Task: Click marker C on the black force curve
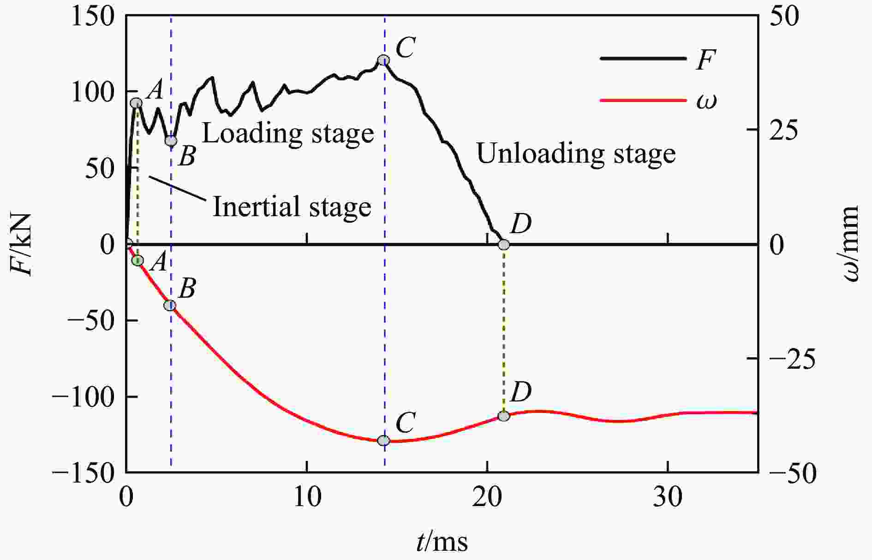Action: click(x=383, y=60)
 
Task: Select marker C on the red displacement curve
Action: click(x=383, y=441)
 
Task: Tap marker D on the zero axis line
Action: click(x=504, y=244)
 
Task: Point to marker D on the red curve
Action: click(x=504, y=416)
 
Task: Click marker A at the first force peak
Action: click(x=136, y=103)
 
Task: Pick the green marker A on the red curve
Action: click(x=137, y=261)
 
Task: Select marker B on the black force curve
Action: click(x=171, y=141)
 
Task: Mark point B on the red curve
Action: click(x=170, y=305)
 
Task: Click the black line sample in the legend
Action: click(x=643, y=59)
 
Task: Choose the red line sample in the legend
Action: click(x=643, y=100)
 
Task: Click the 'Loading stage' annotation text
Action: click(x=288, y=134)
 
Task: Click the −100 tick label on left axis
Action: click(x=83, y=397)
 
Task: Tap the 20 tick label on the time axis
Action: click(x=488, y=497)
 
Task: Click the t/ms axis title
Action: click(x=442, y=542)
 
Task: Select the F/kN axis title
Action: click(x=22, y=244)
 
